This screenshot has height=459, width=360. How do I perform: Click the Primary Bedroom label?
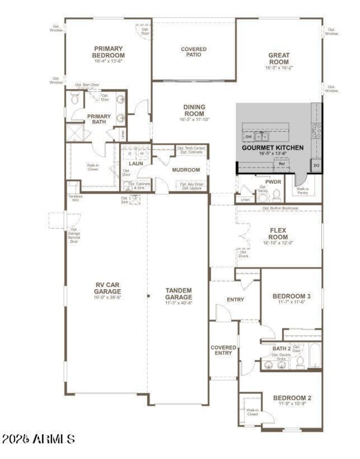tap(109, 52)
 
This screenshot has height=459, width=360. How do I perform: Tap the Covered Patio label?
tap(194, 52)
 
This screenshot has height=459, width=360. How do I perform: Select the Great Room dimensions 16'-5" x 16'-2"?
tap(279, 68)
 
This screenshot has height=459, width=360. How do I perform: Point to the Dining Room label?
tap(194, 110)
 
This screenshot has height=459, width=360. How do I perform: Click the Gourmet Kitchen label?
tap(273, 147)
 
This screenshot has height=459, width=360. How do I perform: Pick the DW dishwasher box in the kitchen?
tap(248, 136)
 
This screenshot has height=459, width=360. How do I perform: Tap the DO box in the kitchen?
tap(316, 166)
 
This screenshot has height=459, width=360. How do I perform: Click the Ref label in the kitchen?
tap(282, 164)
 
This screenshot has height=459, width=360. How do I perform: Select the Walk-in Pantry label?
tap(303, 191)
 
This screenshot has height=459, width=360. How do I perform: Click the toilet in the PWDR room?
tap(277, 195)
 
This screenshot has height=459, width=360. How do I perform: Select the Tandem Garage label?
tap(179, 294)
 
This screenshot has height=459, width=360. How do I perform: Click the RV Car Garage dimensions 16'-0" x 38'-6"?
tap(108, 298)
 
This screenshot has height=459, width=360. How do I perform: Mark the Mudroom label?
tap(186, 170)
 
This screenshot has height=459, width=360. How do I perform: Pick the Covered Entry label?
tap(223, 350)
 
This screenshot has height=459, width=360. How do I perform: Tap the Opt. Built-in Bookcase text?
tap(280, 208)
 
